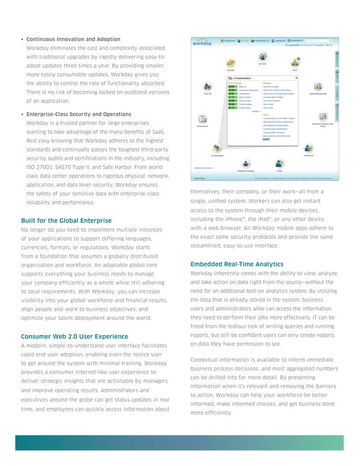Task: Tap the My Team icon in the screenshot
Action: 262,57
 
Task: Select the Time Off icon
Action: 207,87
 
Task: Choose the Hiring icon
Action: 279,164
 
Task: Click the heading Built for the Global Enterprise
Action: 66,220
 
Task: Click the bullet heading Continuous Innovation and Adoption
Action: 73,39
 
